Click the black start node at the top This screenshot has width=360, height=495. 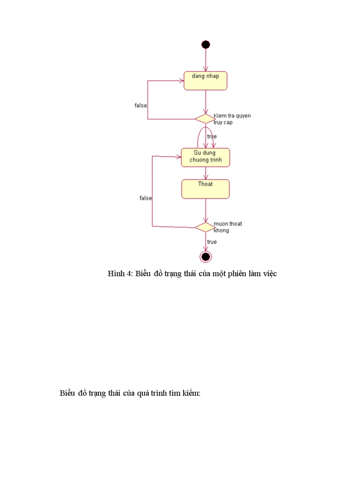coord(206,45)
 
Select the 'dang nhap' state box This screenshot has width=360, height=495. coord(206,81)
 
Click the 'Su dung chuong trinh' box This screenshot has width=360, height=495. coord(206,157)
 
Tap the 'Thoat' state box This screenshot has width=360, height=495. coord(206,189)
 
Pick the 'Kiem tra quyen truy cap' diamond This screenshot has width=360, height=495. coord(204,118)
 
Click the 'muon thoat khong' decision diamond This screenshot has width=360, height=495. coord(204,227)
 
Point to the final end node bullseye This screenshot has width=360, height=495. coord(206,257)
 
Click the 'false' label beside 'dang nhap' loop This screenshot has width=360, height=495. coord(141,106)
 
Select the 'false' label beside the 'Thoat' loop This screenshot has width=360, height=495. coord(146,198)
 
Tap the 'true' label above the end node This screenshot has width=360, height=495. coord(212,242)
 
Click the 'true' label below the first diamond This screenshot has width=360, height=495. coord(212,137)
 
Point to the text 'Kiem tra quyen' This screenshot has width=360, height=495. coord(232,116)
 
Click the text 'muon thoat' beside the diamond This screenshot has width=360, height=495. coord(228,224)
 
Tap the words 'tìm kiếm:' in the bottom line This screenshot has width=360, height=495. coord(186,393)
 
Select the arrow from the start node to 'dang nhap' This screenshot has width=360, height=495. coord(206,60)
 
